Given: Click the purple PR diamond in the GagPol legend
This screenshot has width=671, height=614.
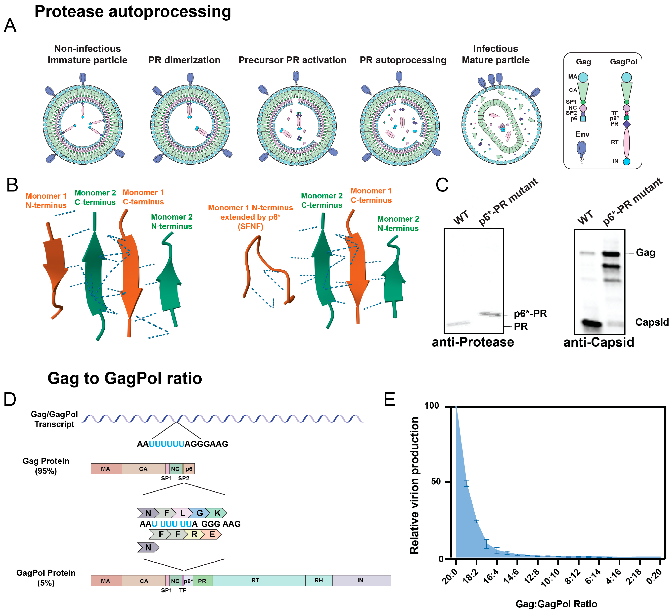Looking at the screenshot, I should (x=626, y=124).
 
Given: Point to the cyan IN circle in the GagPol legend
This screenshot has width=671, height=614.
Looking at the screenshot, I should (x=626, y=162).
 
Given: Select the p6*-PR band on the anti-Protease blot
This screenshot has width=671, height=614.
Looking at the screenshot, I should (x=490, y=314).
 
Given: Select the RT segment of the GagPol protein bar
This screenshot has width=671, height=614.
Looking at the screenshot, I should (x=255, y=580).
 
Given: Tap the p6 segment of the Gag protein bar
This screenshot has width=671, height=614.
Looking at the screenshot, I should (x=189, y=469).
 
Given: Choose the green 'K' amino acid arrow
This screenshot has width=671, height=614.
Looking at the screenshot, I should (x=218, y=513).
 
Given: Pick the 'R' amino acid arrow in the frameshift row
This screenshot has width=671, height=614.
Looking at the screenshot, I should (x=194, y=534).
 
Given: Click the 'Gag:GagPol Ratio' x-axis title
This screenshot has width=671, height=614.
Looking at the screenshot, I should (x=556, y=604).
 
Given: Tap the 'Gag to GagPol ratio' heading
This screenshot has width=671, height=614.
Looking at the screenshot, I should (x=125, y=379).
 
